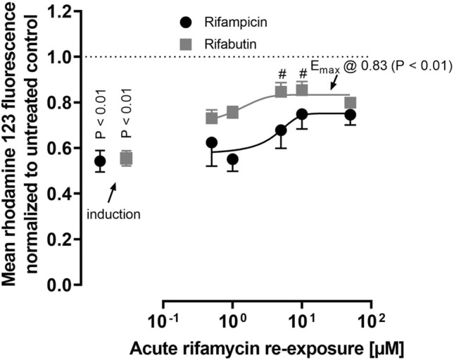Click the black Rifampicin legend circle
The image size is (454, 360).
coord(184,21)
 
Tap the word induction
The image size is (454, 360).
coord(114,213)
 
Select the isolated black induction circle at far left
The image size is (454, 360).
coord(100,161)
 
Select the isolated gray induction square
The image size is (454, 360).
coord(126,159)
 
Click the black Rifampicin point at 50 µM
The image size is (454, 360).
coord(350,115)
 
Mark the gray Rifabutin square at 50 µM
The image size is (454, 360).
coord(350,103)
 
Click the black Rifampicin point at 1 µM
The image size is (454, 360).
coord(232,160)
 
